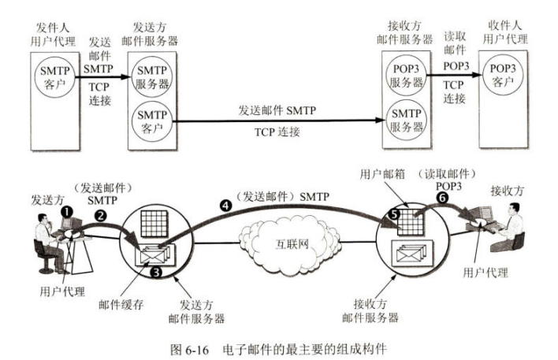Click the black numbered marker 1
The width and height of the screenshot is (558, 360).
(x=68, y=210)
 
